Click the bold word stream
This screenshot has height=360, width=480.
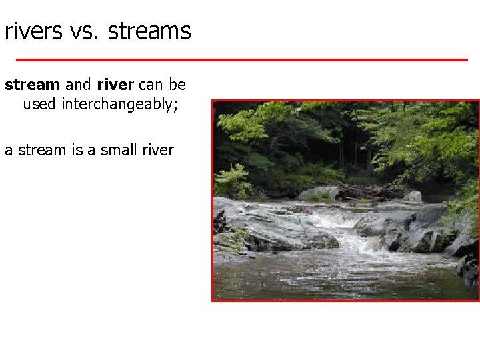(33, 85)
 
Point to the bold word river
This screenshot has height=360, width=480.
(115, 85)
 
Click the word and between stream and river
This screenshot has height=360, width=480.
(78, 85)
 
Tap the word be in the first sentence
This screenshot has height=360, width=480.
(177, 85)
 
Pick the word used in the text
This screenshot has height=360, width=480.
(39, 105)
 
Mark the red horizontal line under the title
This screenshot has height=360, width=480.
(241, 60)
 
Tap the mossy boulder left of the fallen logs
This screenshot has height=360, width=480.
(318, 194)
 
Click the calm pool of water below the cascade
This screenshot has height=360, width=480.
(333, 273)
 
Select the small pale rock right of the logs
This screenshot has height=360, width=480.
(413, 196)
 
